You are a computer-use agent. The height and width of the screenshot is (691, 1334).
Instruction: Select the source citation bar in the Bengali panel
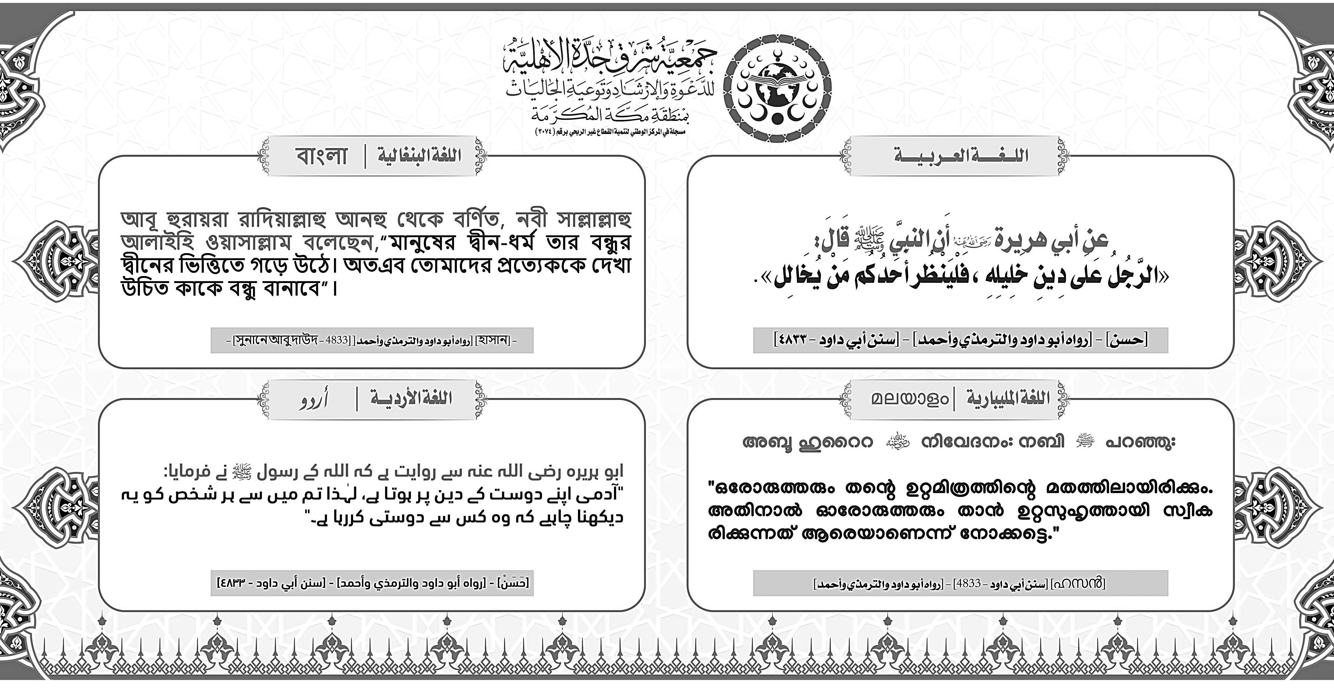372,341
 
